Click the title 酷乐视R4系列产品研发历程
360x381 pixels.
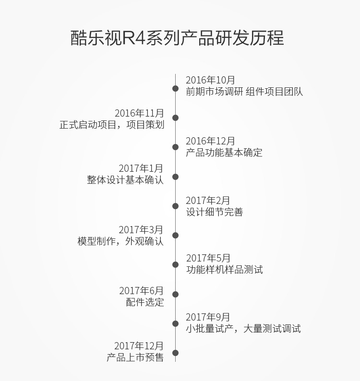tap(177, 38)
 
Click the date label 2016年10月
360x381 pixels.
tap(210, 80)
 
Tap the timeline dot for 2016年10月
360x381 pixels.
tap(175, 88)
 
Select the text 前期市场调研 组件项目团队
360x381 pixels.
tap(244, 92)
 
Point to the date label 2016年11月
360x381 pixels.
tap(139, 113)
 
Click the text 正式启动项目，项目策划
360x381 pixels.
tap(112, 125)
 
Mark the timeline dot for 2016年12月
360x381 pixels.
tap(175, 147)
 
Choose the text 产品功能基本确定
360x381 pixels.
tap(224, 153)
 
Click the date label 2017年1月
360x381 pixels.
tap(141, 168)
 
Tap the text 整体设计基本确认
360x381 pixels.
tap(125, 180)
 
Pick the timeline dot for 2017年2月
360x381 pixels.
tap(175, 206)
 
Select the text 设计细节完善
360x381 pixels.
tap(215, 212)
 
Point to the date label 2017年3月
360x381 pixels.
tap(141, 230)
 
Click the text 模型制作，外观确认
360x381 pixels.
tap(120, 241)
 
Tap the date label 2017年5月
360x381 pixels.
tap(208, 258)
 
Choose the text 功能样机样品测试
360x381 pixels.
tap(224, 270)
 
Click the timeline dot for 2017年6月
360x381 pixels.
tap(175, 294)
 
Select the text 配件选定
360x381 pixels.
tap(144, 302)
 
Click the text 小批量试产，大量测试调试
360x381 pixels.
tap(243, 329)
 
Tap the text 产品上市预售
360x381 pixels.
tap(135, 357)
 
